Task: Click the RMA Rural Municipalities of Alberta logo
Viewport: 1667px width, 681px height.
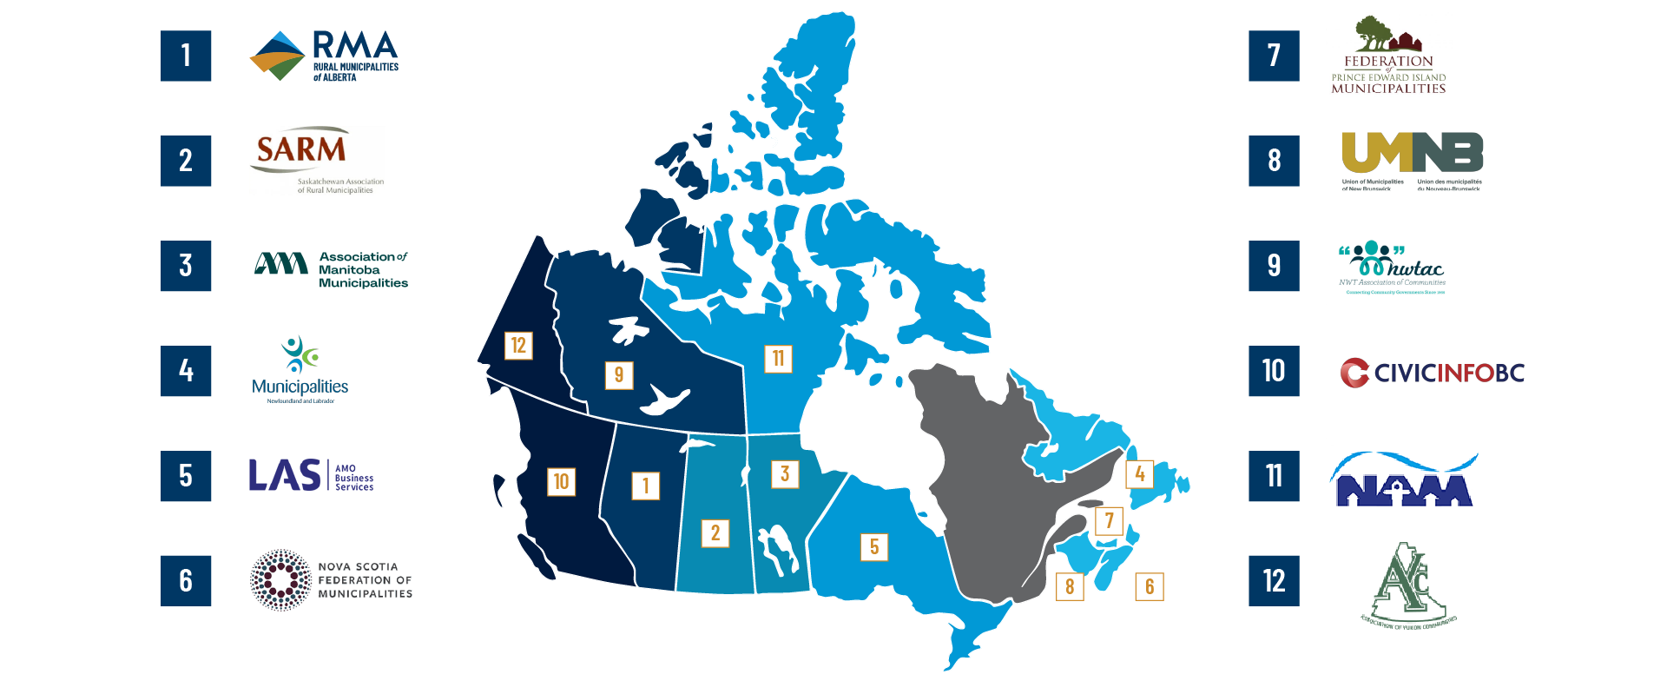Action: click(323, 56)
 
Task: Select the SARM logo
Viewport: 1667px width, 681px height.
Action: click(317, 161)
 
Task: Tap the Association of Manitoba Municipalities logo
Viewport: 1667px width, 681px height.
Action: click(331, 270)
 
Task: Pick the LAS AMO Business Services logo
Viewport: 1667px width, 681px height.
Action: click(311, 475)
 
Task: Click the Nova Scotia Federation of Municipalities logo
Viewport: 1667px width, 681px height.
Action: click(331, 580)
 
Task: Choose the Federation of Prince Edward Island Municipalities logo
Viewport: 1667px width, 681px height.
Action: click(1388, 55)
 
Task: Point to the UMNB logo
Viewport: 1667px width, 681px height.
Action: click(1412, 162)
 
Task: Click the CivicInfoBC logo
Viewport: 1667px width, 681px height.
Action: click(1432, 373)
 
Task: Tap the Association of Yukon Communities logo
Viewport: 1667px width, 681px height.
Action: click(1407, 585)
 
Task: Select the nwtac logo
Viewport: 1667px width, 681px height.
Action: click(1392, 268)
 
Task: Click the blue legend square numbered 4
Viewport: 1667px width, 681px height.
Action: click(186, 371)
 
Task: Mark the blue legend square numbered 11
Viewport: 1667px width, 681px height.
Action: click(1274, 476)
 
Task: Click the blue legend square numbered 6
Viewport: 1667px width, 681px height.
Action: click(186, 580)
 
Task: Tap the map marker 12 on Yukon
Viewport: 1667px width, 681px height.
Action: click(518, 346)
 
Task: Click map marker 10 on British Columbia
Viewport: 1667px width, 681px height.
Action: click(562, 481)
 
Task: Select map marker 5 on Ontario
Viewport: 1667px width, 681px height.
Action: click(874, 546)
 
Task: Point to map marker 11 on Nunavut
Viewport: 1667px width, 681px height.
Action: click(778, 358)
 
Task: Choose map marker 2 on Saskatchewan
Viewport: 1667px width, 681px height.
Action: click(715, 532)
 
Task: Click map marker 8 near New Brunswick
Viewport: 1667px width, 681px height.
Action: click(1070, 586)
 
